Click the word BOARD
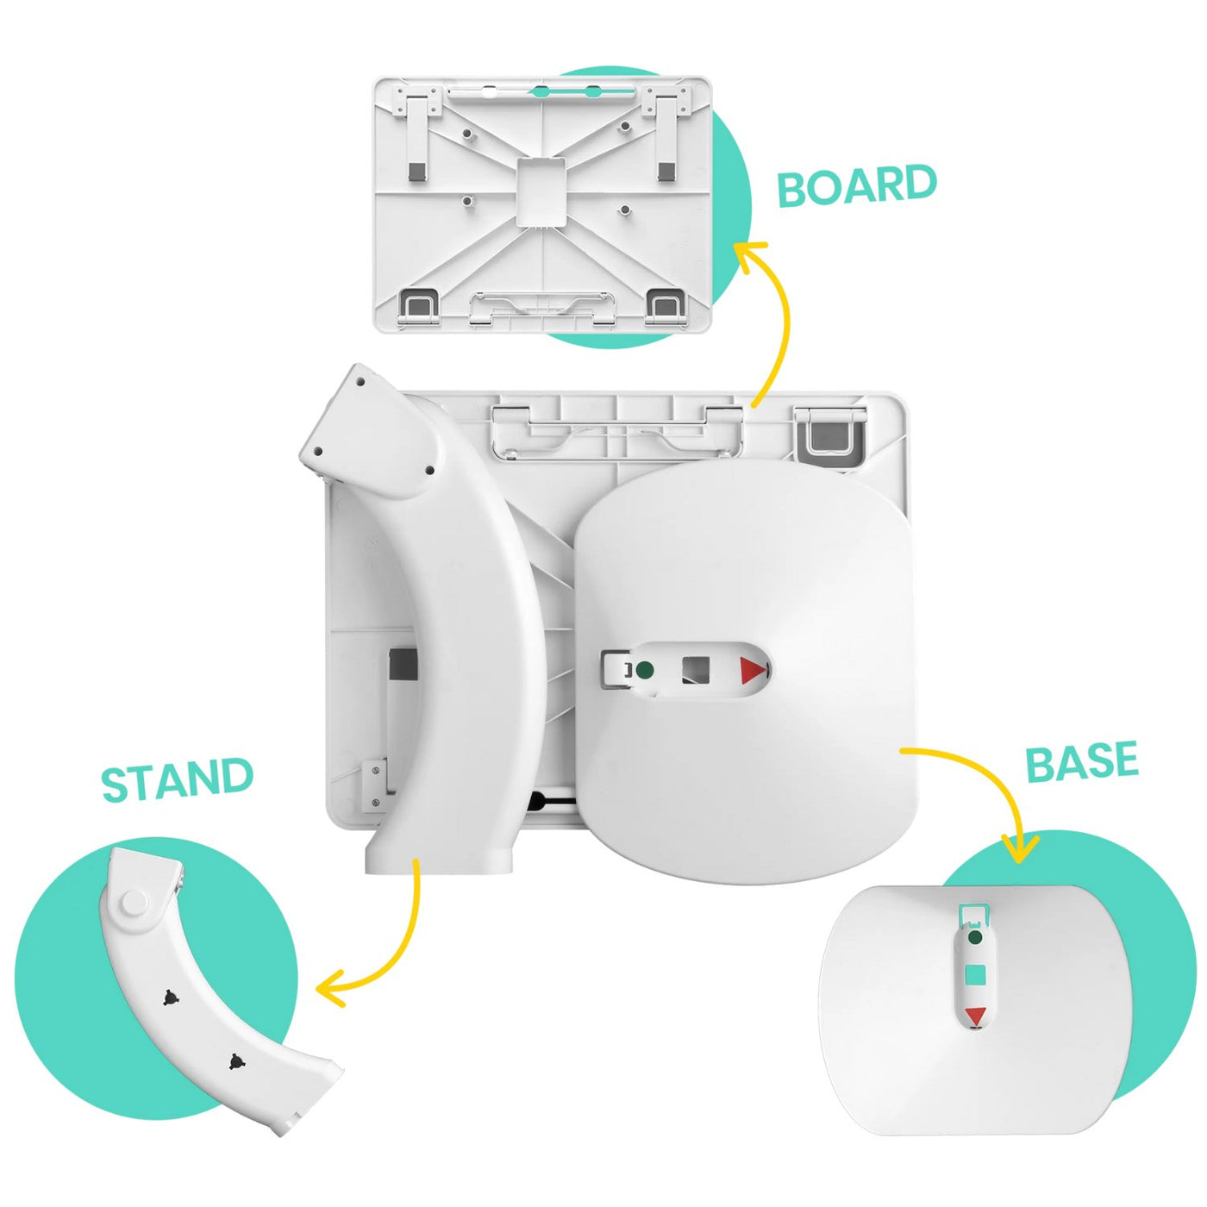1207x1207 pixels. (856, 185)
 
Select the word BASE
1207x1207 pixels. (1081, 761)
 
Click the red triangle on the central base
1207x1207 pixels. (753, 671)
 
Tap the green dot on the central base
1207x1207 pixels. (644, 670)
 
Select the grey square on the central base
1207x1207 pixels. (695, 670)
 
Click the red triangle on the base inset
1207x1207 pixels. (975, 1016)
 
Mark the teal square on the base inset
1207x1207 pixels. (975, 975)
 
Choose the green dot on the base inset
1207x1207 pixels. (975, 936)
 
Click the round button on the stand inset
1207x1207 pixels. (134, 903)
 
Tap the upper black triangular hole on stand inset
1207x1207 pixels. (170, 997)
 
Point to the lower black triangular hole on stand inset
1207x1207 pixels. (235, 1061)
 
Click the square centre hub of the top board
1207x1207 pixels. (541, 191)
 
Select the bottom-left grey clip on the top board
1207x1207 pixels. (418, 304)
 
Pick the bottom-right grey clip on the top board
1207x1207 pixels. (665, 304)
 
